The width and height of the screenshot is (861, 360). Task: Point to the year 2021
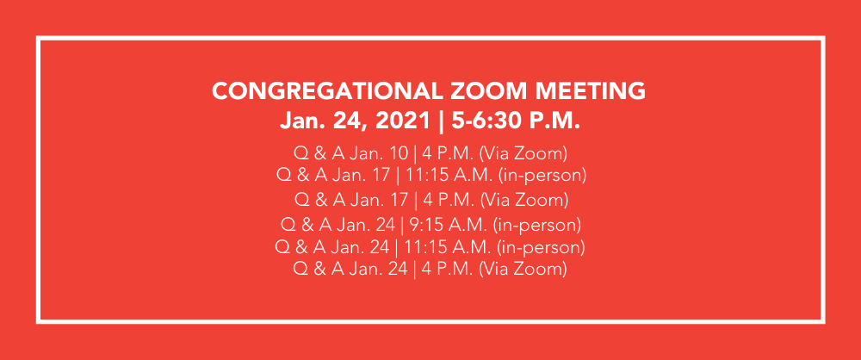click(403, 121)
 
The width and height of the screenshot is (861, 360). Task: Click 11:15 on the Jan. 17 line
click(424, 176)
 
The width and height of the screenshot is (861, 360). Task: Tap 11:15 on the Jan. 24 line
click(422, 247)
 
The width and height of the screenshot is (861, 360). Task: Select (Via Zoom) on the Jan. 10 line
click(523, 152)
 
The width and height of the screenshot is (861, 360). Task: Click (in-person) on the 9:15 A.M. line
click(537, 226)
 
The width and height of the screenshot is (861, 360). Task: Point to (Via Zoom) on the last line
click(523, 269)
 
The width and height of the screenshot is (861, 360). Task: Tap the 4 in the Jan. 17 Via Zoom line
click(428, 200)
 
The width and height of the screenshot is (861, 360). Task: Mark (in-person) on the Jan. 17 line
click(542, 176)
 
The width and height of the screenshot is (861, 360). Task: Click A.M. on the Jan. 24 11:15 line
click(468, 247)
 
